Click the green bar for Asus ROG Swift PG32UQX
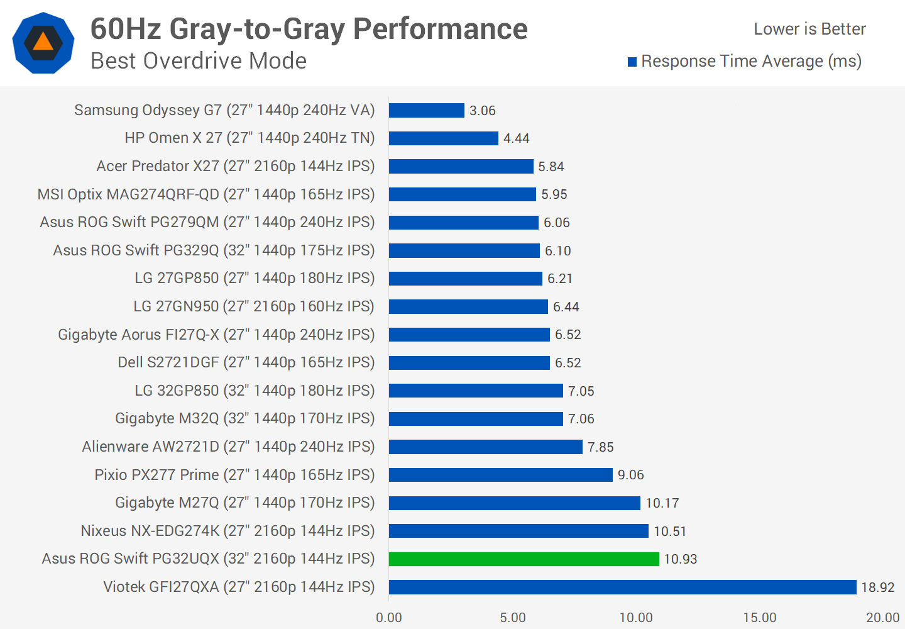coord(524,559)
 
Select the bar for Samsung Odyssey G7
coord(426,110)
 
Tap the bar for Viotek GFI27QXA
coord(622,587)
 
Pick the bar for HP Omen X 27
coord(443,138)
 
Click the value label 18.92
coord(877,587)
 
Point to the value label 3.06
coord(482,111)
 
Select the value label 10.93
coord(680,559)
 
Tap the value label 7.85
coord(600,447)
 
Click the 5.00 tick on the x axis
coord(512,618)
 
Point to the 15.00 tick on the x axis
coord(759,618)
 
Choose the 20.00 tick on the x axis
coord(882,618)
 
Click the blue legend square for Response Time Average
coord(632,62)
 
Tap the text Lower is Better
coord(809,29)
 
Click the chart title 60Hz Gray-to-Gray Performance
coord(309,29)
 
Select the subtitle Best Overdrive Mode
coord(199,61)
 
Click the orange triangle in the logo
coord(43,42)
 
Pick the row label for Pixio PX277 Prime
coord(234,475)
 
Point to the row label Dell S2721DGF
coord(246,362)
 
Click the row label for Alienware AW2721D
coord(228,447)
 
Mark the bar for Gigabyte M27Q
coord(514,503)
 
